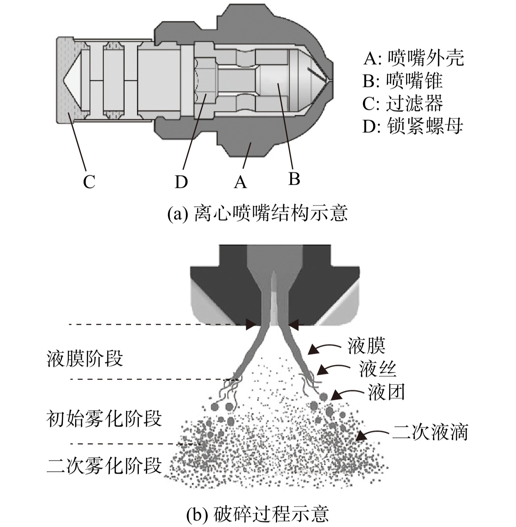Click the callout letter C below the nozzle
pos(89,182)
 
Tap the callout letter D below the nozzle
pos(181,182)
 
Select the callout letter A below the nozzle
pos(240,182)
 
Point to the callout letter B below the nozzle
pos(294,179)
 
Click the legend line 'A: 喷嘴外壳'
pos(414,58)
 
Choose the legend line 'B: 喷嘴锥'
pos(402,81)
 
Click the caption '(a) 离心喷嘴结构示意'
pos(258,213)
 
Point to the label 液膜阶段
pos(85,358)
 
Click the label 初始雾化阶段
pos(104,418)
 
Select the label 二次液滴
pos(430,432)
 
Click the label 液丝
pos(378,369)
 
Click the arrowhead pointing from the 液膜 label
pos(313,350)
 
